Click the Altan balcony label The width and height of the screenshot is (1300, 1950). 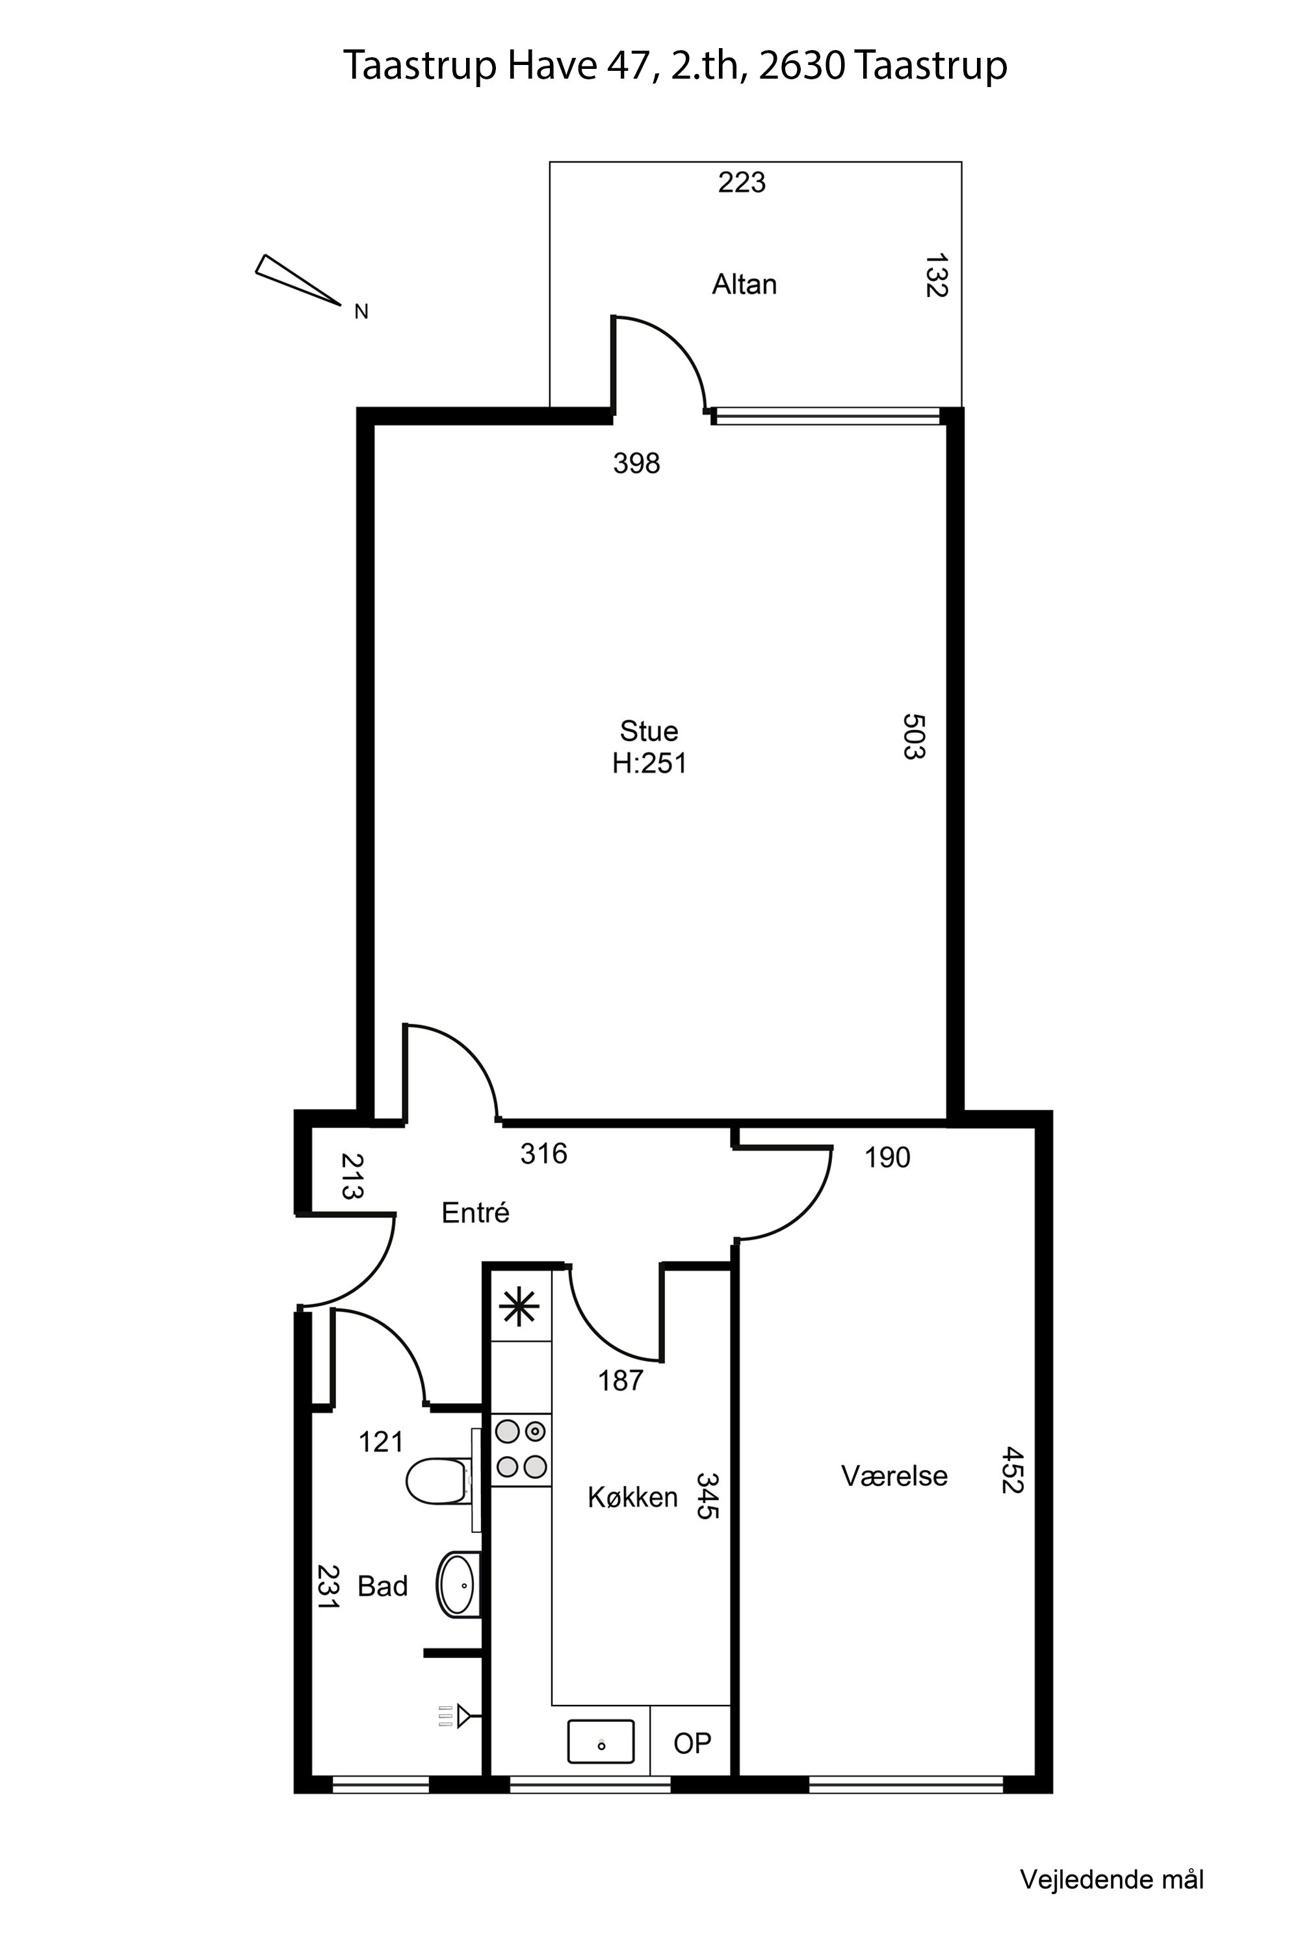pyautogui.click(x=744, y=285)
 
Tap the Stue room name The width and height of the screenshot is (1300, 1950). pyautogui.click(x=648, y=731)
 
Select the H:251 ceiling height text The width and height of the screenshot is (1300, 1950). pyautogui.click(x=649, y=762)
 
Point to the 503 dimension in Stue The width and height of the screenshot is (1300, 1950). pyautogui.click(x=913, y=736)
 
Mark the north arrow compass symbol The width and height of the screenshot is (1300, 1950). pyautogui.click(x=298, y=279)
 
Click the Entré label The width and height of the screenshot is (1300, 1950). pyautogui.click(x=475, y=1213)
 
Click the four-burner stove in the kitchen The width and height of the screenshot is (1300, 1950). pyautogui.click(x=521, y=1450)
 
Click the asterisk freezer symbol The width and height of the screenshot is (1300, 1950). pyautogui.click(x=520, y=1307)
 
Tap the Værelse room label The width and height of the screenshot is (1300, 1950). pyautogui.click(x=894, y=1475)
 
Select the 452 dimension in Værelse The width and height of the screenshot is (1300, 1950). pyautogui.click(x=1012, y=1470)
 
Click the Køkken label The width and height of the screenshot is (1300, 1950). pyautogui.click(x=632, y=1496)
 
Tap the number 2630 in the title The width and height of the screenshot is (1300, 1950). pyautogui.click(x=801, y=66)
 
